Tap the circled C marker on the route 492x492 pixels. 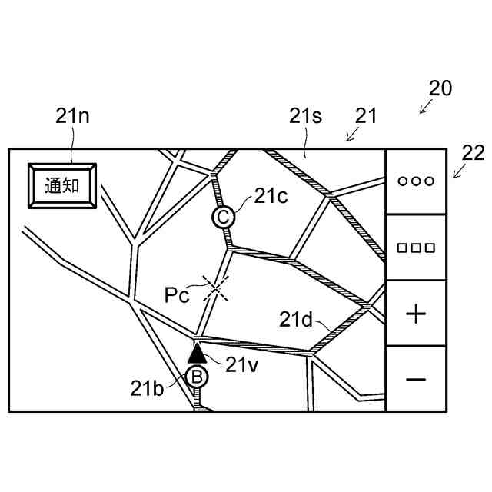point(223,218)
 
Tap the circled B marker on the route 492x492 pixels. point(197,377)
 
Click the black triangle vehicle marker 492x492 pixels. point(198,353)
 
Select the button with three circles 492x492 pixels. point(415,181)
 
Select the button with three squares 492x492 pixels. point(415,248)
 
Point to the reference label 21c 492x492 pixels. point(271,196)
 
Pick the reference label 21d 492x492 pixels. point(296,319)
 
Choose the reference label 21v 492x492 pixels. point(241,364)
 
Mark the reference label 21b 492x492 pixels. point(147,389)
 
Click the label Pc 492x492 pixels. point(177,294)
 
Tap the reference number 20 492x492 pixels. point(440,88)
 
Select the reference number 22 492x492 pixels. point(474,153)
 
